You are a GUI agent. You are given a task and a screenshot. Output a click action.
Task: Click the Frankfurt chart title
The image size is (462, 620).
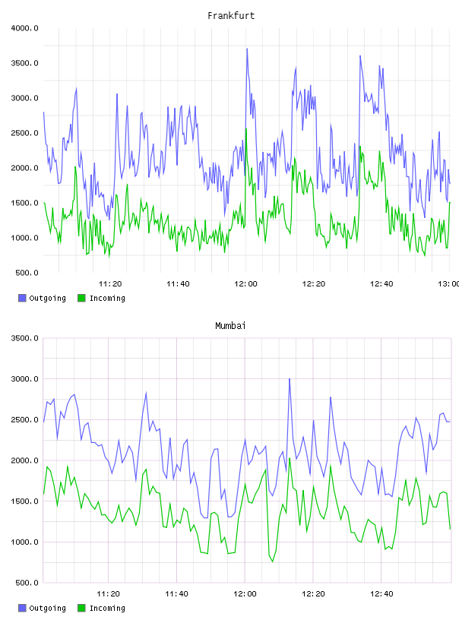[x=231, y=16]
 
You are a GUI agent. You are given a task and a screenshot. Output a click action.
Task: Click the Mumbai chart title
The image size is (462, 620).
[x=230, y=326]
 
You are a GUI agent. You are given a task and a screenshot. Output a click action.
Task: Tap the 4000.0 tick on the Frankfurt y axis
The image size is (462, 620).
[x=25, y=28]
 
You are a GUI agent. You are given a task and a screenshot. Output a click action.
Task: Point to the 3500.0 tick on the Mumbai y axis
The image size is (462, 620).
[x=25, y=338]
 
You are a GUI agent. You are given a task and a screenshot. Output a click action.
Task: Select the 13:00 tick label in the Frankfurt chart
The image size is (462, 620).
[x=449, y=284]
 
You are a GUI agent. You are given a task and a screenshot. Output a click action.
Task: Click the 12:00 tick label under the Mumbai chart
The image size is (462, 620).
[x=245, y=594]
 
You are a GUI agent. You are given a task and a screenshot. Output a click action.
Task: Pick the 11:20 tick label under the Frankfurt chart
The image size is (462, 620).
[x=110, y=284]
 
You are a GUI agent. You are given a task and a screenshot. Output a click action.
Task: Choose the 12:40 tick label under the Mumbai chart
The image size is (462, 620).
[x=381, y=594]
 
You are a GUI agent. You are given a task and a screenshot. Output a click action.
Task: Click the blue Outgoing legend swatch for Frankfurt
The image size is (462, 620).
[x=22, y=298]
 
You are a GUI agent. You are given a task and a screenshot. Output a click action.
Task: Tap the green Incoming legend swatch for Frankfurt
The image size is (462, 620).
[x=81, y=298]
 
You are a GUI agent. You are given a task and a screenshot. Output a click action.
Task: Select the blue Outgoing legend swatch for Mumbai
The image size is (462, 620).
[x=22, y=608]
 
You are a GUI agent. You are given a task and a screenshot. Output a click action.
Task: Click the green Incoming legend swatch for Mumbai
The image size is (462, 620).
[x=81, y=608]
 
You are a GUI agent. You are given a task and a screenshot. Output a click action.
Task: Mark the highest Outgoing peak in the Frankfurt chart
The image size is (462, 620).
[x=247, y=49]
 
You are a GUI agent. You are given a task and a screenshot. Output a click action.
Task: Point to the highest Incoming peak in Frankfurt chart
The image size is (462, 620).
[x=246, y=129]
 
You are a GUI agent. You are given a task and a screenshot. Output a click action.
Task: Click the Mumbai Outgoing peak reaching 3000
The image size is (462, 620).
[x=290, y=379]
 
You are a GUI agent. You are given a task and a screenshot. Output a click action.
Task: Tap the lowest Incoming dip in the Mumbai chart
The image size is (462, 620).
[x=273, y=561]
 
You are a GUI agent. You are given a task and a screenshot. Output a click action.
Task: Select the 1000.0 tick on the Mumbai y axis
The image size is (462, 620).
[x=25, y=542]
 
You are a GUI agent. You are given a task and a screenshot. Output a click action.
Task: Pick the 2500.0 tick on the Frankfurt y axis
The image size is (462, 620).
[x=25, y=133]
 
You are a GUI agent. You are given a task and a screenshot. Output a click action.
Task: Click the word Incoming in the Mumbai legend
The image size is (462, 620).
[x=107, y=608]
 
